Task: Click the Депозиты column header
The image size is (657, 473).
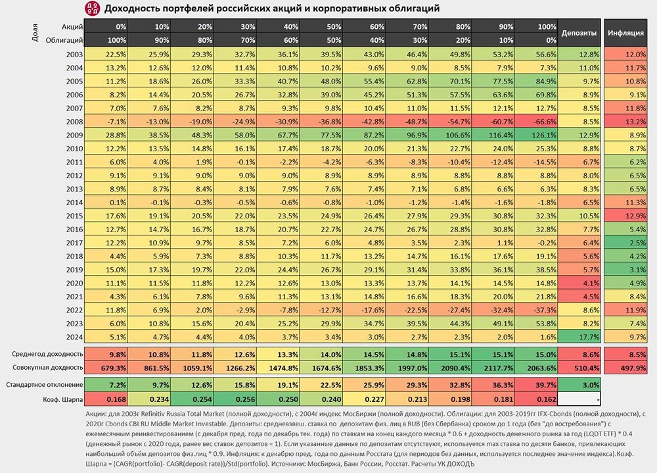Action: (579, 33)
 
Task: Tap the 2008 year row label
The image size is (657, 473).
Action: (74, 122)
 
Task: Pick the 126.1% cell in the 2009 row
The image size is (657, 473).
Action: (533, 136)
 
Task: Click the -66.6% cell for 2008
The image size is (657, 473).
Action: (533, 122)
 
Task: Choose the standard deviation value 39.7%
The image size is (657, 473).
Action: (533, 384)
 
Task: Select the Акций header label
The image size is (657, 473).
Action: (72, 26)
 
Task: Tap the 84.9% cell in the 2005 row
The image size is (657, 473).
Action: (533, 82)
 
